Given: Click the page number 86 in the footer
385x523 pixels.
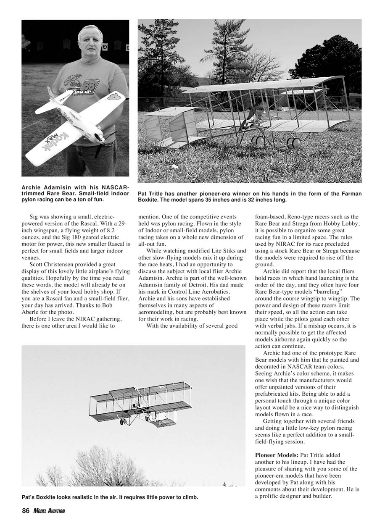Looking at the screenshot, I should (x=25, y=511).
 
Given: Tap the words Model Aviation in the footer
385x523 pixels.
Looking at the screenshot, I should (x=50, y=511).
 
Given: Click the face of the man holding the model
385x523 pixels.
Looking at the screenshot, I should (x=90, y=41).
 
